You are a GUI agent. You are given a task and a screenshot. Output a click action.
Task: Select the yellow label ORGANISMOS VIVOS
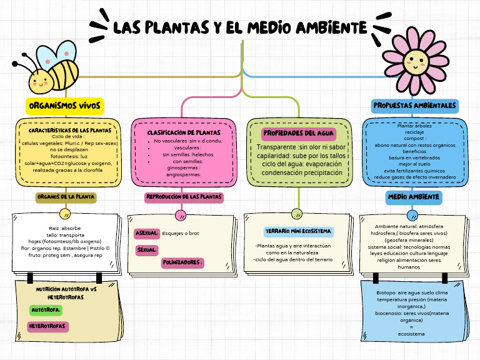(x=65, y=106)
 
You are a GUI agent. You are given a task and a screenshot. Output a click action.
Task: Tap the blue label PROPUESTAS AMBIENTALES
(x=414, y=106)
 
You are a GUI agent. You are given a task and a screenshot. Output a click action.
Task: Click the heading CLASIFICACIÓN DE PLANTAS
(x=184, y=133)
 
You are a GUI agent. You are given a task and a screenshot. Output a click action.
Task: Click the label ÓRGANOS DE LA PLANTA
(x=66, y=196)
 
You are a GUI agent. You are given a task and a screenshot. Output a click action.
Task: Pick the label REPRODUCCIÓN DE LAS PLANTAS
(x=184, y=196)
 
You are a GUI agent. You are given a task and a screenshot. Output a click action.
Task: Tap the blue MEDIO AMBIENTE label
(x=414, y=196)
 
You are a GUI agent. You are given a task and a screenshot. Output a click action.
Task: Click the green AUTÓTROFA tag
(x=46, y=310)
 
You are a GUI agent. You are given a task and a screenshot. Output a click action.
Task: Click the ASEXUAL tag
(x=147, y=233)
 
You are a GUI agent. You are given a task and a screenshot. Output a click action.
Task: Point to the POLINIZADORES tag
(x=182, y=262)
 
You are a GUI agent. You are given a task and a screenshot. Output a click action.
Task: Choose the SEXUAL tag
(x=146, y=249)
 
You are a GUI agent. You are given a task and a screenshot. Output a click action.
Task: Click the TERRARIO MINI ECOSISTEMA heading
(x=298, y=232)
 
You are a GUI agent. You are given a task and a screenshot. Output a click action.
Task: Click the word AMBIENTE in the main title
(x=331, y=27)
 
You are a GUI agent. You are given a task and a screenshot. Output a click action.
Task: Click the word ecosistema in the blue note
(x=411, y=334)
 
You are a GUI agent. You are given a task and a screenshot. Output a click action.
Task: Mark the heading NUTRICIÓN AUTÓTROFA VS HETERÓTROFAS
(x=66, y=294)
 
